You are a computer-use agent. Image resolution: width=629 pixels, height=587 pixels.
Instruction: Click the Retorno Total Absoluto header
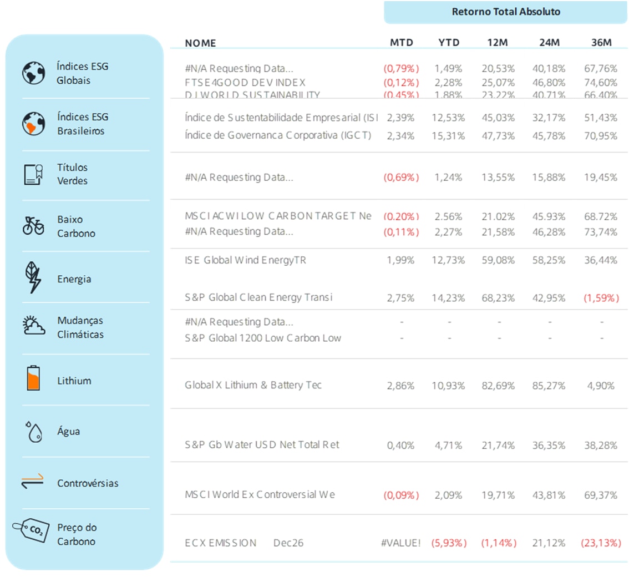(506, 12)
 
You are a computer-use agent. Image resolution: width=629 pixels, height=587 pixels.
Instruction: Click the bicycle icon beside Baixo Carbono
(33, 226)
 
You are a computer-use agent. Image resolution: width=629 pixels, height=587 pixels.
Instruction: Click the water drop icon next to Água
(34, 432)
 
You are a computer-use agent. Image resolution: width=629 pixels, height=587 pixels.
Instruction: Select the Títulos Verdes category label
(73, 174)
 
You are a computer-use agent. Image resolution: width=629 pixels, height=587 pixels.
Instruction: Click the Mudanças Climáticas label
(80, 327)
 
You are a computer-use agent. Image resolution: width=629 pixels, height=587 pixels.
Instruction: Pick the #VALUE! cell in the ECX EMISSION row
(401, 543)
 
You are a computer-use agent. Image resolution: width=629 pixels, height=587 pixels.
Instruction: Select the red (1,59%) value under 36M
(601, 298)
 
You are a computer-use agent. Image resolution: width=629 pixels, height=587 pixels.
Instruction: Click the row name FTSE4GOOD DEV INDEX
(245, 82)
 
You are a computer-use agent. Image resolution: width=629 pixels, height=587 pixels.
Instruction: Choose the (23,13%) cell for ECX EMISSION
(601, 543)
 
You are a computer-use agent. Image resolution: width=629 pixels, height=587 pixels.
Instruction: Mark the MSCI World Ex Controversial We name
(260, 494)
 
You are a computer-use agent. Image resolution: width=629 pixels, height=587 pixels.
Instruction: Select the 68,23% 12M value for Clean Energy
(499, 298)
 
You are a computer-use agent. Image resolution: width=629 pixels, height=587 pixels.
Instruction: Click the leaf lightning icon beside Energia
(33, 277)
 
